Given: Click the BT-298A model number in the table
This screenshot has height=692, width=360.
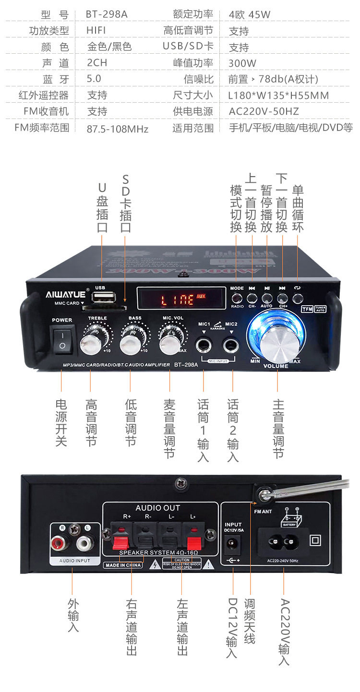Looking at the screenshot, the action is [x=107, y=14].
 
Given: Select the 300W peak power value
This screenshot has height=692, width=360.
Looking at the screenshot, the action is [x=242, y=63].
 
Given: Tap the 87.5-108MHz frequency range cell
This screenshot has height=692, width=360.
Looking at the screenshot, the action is [x=118, y=129].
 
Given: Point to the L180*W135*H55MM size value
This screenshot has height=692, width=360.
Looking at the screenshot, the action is [x=278, y=95].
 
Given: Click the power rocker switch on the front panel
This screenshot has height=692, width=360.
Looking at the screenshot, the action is [x=62, y=339].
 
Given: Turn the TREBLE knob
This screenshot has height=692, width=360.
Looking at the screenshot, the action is [x=90, y=342].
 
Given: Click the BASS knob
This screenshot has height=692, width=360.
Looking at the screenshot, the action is [x=130, y=342].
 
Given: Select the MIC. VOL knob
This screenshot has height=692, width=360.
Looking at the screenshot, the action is [x=169, y=342].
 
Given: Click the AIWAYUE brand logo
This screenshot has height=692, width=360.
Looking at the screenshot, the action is [x=66, y=294].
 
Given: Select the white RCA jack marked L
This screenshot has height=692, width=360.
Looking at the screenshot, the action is [x=84, y=543].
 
